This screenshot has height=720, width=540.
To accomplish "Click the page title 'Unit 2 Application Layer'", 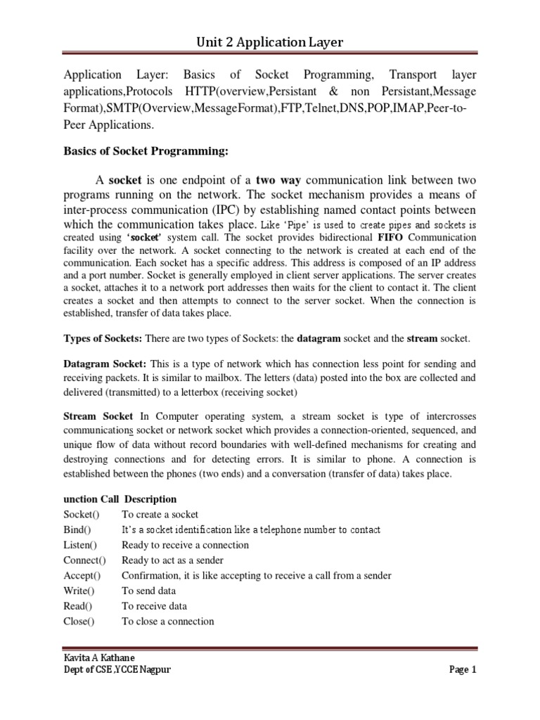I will click(x=269, y=44).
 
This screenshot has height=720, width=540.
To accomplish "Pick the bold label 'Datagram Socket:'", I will click(x=105, y=364).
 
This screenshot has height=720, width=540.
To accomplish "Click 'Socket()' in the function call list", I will click(x=82, y=515).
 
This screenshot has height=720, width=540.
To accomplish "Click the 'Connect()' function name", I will click(x=84, y=560).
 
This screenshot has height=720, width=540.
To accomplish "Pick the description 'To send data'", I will click(x=149, y=591).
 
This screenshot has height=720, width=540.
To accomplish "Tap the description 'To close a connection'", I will click(x=168, y=622).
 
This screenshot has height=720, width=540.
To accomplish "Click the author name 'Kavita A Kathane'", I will click(x=99, y=658).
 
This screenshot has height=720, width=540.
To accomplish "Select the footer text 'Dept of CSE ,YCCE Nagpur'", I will click(x=117, y=670).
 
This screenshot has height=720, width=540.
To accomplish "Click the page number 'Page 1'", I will click(x=463, y=670).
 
